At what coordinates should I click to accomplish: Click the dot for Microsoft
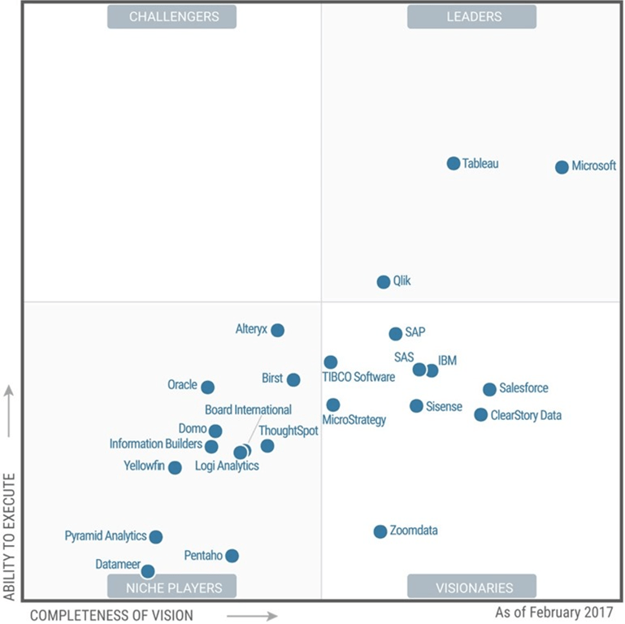click(562, 167)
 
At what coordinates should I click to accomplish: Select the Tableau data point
click(454, 163)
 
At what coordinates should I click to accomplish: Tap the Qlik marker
click(384, 282)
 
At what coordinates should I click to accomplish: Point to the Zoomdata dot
click(380, 531)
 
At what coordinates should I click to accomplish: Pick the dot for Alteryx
click(277, 330)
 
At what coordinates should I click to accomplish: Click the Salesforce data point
click(489, 389)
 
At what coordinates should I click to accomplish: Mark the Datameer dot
click(148, 571)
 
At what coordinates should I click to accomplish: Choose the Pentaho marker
click(232, 556)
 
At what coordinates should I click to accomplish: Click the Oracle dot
click(208, 388)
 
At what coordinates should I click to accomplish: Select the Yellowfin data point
click(175, 467)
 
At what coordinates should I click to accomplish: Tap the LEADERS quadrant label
click(471, 16)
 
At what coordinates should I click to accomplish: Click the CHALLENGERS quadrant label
click(171, 16)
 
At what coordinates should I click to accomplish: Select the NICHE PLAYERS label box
click(171, 587)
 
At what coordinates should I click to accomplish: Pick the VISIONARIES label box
click(471, 587)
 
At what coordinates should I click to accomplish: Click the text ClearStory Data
click(526, 416)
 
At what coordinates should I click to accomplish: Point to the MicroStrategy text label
click(354, 420)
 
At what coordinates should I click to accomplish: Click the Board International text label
click(248, 410)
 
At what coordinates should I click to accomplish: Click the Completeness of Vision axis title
click(111, 615)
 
